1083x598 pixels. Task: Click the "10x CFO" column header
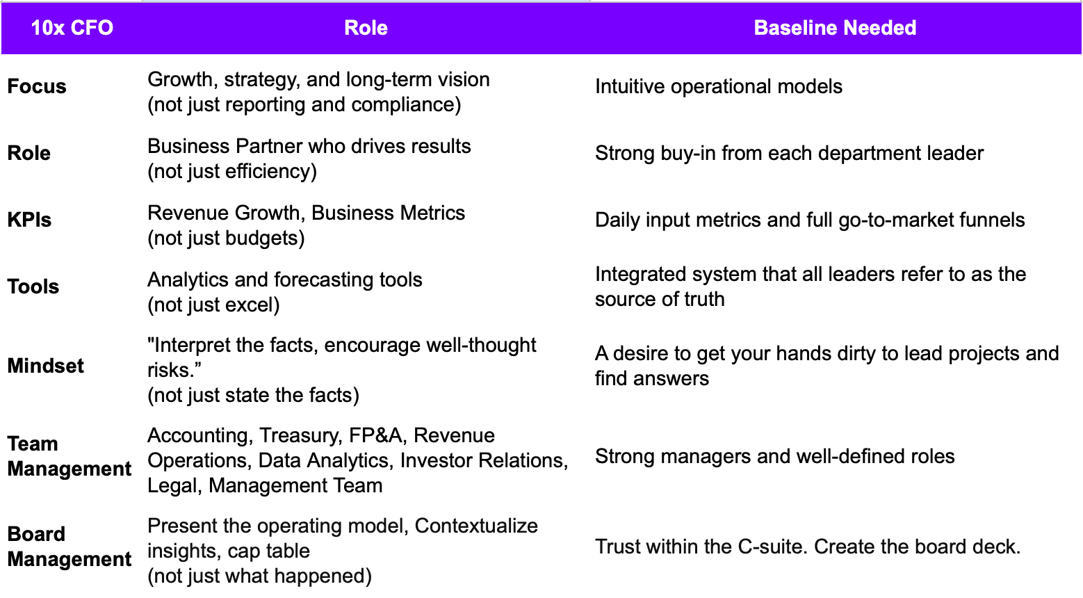tap(72, 28)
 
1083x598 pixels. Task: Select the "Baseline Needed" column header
tap(835, 28)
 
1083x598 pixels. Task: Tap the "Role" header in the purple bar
tap(366, 28)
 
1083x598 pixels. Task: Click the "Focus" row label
tap(37, 86)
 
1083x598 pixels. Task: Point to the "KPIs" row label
tap(29, 220)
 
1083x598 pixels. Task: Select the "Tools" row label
tap(33, 286)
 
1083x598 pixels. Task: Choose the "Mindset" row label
tap(45, 366)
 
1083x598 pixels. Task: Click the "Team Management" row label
tap(69, 456)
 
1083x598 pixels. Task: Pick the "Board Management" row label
tap(69, 547)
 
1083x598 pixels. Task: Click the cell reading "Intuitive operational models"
tap(718, 86)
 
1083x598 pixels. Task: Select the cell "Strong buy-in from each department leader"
tap(789, 153)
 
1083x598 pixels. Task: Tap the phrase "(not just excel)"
tap(213, 305)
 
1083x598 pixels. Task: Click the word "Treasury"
tap(300, 435)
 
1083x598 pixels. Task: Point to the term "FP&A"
tap(375, 435)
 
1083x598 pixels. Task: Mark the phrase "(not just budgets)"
tap(226, 238)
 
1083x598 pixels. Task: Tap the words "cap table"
tap(268, 551)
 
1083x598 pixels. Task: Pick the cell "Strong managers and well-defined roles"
tap(774, 456)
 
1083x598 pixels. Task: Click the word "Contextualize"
tap(476, 526)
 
